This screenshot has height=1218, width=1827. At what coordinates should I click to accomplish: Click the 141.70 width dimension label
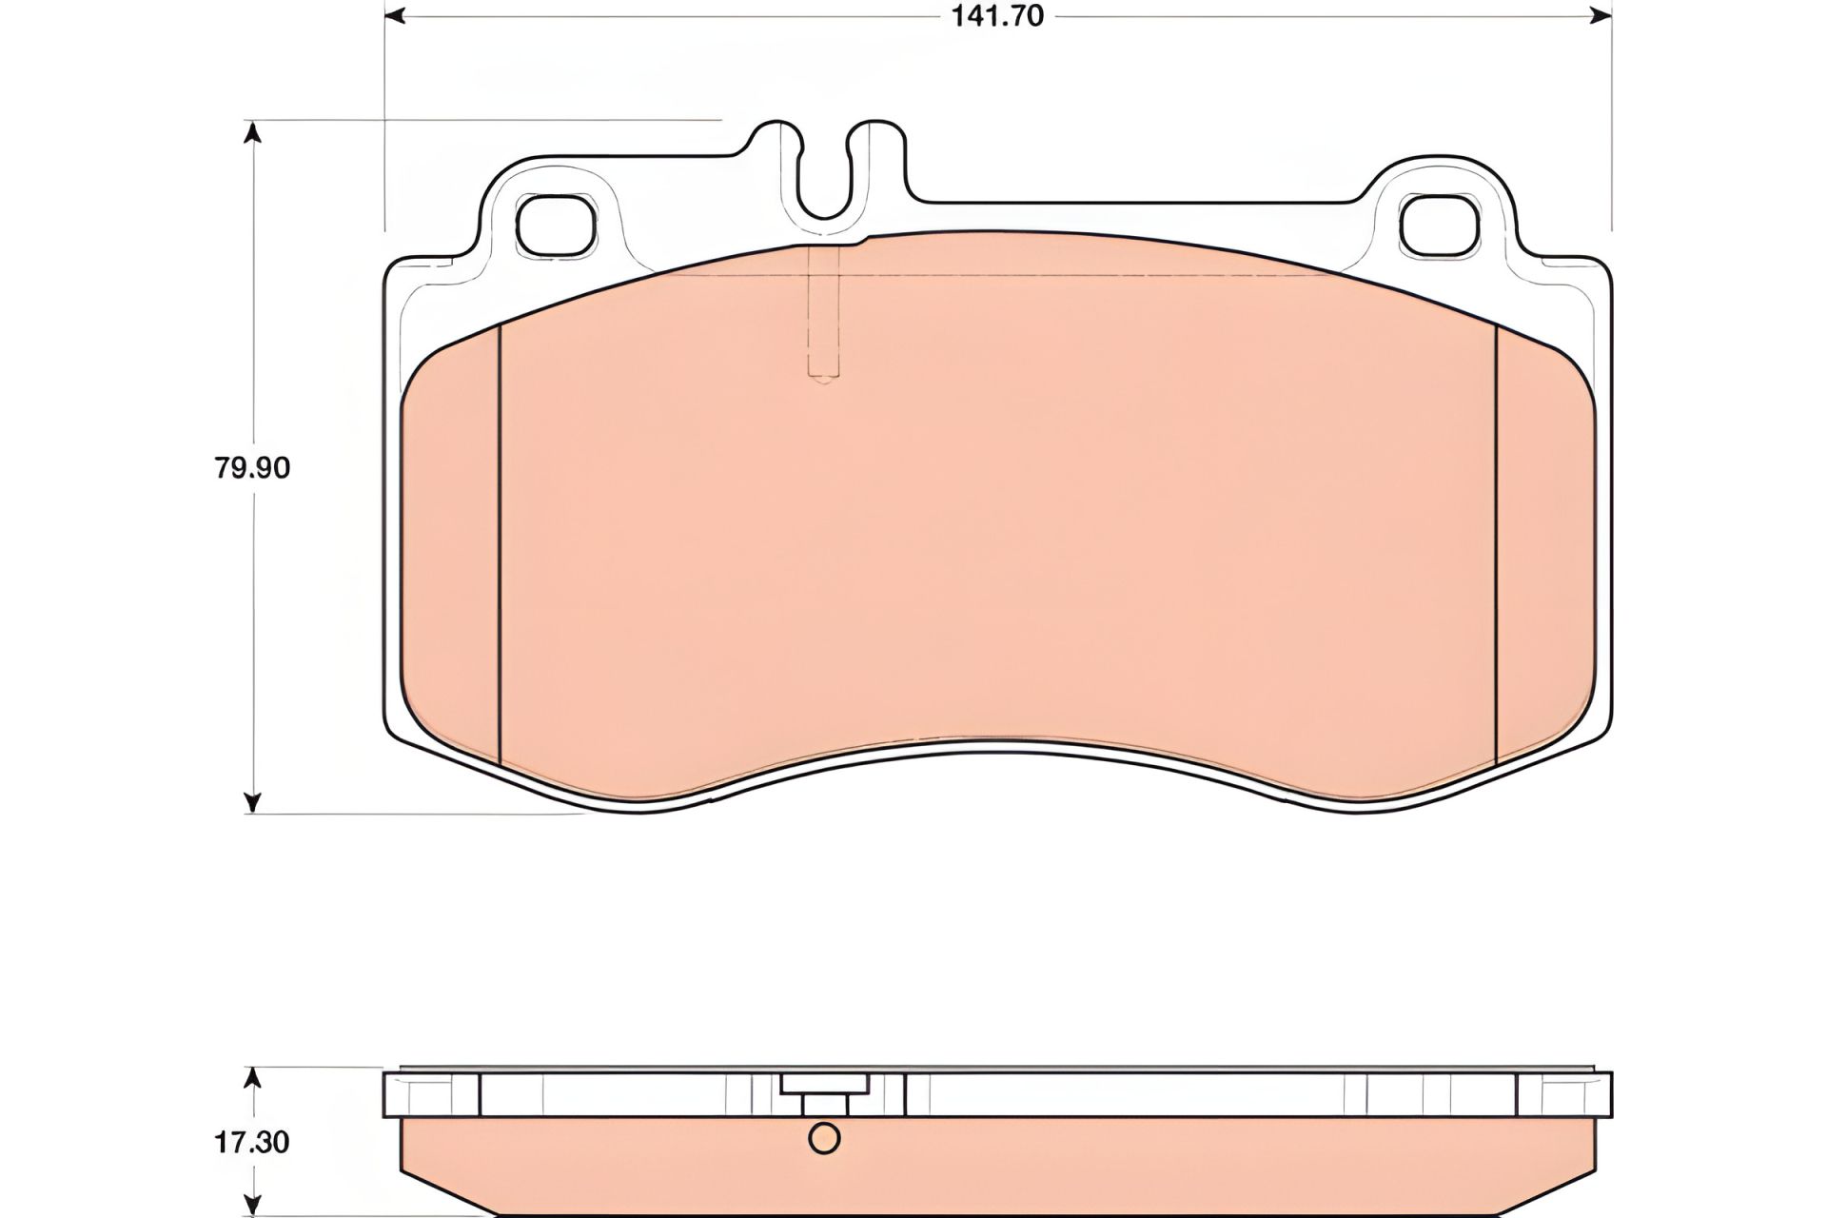997,16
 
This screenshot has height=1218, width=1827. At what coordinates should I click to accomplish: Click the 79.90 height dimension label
252,468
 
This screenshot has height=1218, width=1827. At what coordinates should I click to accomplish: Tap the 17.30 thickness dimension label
252,1142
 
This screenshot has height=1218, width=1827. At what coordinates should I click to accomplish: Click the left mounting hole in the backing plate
555,226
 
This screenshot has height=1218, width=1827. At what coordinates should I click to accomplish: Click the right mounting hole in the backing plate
1441,226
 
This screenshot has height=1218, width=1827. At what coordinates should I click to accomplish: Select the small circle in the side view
824,1138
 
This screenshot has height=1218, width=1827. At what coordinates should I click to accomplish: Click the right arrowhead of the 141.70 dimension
1601,16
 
